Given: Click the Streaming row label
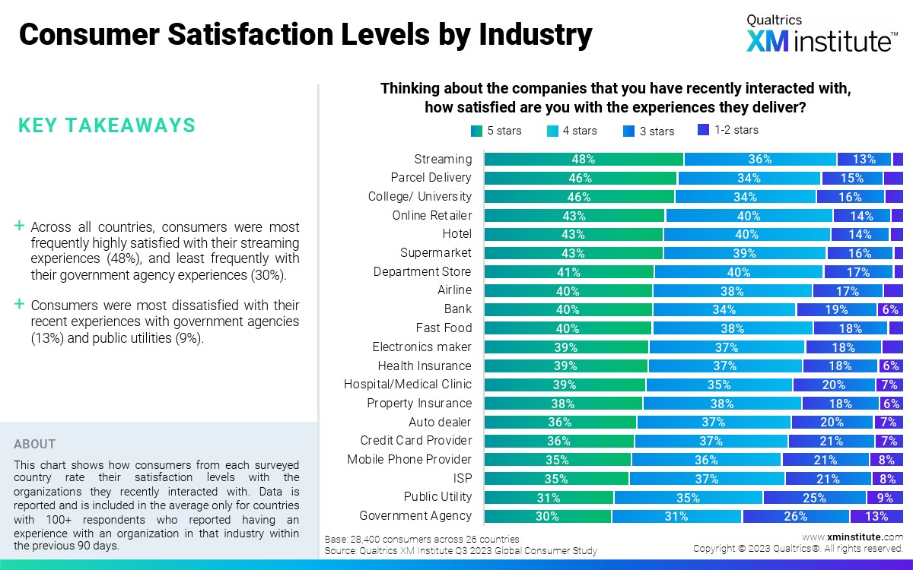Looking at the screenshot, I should point(443,159).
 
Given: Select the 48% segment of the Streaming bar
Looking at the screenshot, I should point(584,160).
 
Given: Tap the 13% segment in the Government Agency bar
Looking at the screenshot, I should point(876,516).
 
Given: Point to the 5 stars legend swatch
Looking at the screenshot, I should point(477,131).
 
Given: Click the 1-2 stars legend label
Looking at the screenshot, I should point(736,130).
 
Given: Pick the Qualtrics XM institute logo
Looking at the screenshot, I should point(821,35).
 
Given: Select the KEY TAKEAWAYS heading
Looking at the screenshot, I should point(107,125).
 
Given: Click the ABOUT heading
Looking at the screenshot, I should point(35,444).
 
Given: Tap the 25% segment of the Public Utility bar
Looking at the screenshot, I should point(814,497).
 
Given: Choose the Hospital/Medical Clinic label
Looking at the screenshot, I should point(408,385).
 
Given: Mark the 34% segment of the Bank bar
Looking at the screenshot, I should point(724,309).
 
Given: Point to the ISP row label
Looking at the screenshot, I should point(462,478).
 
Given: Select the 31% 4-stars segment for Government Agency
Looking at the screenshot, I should point(676,516).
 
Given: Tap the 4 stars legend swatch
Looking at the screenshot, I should point(553,131).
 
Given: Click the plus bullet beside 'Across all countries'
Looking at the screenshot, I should point(19,226).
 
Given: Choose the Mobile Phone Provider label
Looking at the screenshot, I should point(409,459).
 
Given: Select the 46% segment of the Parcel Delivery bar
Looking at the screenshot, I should point(580,178).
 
